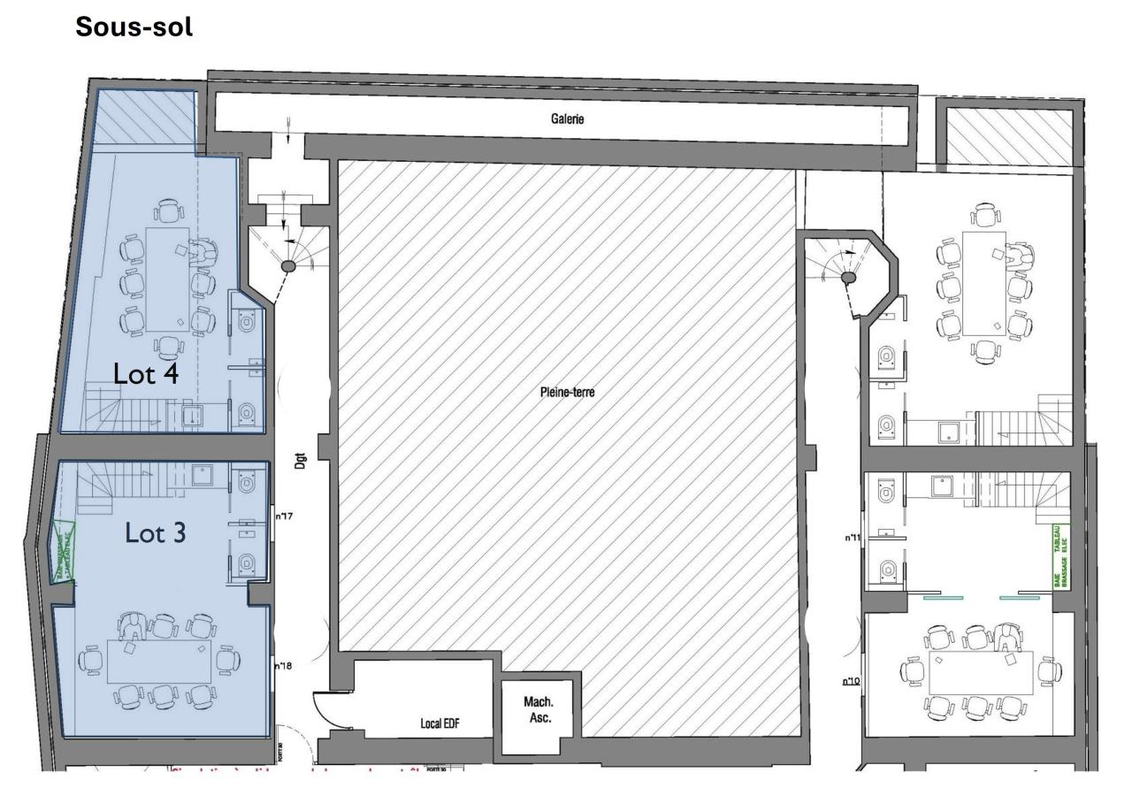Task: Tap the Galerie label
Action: coord(566,120)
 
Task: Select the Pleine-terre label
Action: coord(567,393)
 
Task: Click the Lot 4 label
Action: coord(146,374)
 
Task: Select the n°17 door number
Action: coord(284,516)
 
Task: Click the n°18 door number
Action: coord(283,666)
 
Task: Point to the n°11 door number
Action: coord(853,537)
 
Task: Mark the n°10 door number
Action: coord(852,681)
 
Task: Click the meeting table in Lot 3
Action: coord(159,661)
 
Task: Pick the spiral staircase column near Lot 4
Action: coord(288,265)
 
